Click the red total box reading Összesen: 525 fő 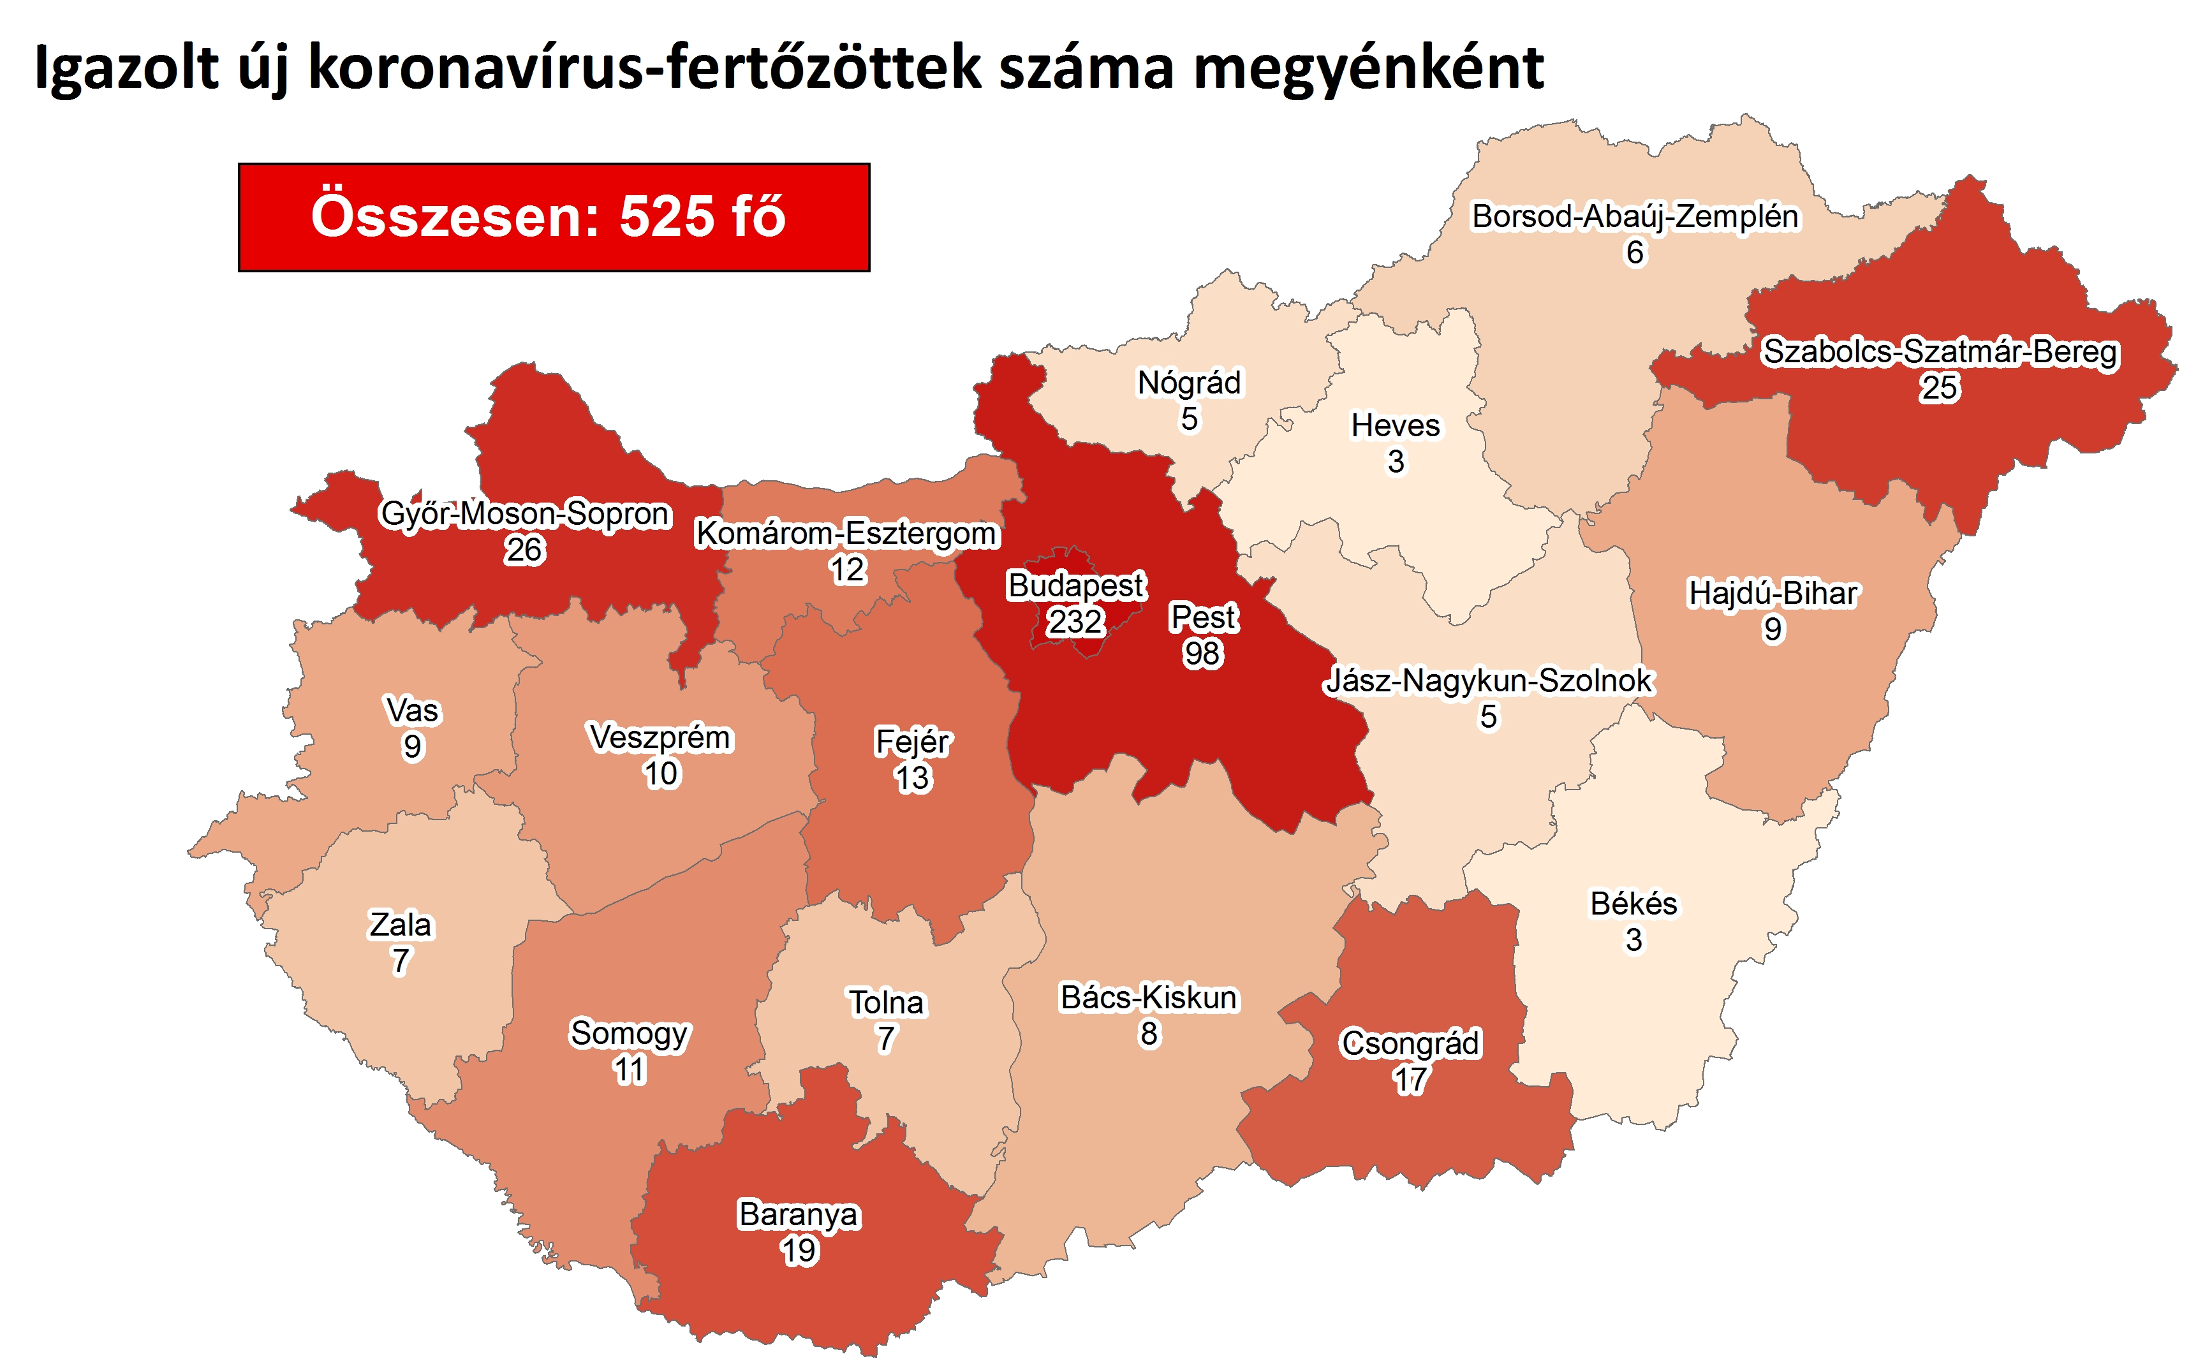pos(553,217)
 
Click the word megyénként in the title pos(1368,68)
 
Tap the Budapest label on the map pos(1075,585)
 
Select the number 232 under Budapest pos(1075,622)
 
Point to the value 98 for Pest pos(1202,653)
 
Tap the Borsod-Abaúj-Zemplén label pos(1634,217)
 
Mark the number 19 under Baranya pos(798,1251)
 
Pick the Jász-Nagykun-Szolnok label pos(1488,680)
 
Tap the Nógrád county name pos(1189,383)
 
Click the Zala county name pos(400,925)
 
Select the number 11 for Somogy pos(629,1070)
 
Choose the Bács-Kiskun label pos(1148,997)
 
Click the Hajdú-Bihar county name pos(1773,594)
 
